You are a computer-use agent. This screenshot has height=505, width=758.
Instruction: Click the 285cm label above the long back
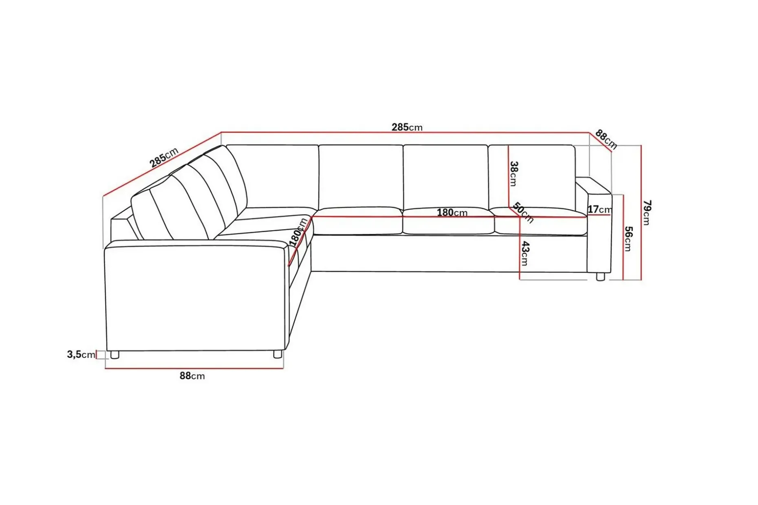pos(407,127)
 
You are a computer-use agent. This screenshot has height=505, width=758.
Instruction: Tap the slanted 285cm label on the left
pos(164,157)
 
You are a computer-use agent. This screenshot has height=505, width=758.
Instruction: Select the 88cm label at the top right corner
pos(606,139)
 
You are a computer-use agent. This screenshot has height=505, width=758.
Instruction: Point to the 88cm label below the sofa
pos(192,376)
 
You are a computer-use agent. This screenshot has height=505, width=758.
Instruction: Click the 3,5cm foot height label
pos(81,354)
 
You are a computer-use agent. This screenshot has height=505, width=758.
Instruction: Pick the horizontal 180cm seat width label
pos(452,213)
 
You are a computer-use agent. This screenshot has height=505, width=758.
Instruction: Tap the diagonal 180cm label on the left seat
pos(298,232)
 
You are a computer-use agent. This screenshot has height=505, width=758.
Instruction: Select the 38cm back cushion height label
pos(514,173)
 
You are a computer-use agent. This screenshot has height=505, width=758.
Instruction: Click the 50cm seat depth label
pos(523,213)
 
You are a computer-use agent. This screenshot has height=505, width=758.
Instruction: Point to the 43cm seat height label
pos(525,253)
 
